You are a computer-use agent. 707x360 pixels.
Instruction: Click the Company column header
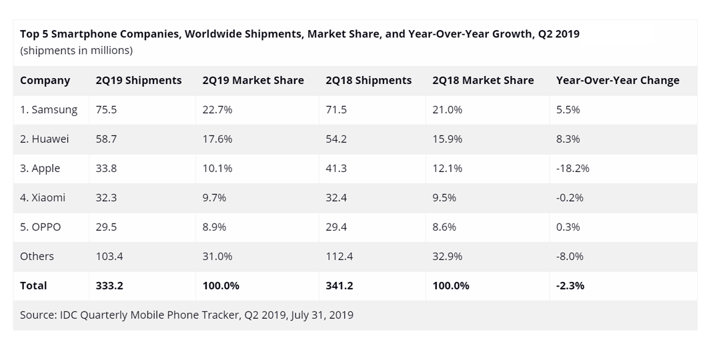pos(45,81)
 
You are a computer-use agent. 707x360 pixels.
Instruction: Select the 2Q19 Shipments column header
pos(139,81)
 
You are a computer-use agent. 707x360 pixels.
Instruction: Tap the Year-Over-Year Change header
pos(617,81)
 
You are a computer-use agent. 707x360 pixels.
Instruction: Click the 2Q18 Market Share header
pos(483,81)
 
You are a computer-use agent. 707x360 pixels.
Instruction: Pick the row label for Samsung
pos(49,110)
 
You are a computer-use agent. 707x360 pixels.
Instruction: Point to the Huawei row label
pos(44,139)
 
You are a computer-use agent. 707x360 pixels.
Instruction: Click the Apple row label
pos(39,169)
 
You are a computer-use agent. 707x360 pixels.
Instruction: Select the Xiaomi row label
pos(43,197)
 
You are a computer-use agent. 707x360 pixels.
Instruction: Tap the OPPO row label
pos(40,227)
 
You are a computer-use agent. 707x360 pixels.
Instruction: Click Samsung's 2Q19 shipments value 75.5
pos(106,109)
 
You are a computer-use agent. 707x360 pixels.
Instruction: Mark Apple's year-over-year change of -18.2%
pos(573,168)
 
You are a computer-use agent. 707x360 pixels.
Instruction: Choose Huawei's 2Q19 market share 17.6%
pos(217,139)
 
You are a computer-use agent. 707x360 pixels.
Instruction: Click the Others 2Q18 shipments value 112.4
pos(339,256)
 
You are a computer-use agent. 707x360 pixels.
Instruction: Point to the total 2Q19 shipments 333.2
pos(109,285)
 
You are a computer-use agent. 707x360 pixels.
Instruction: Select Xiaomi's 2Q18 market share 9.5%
pos(444,197)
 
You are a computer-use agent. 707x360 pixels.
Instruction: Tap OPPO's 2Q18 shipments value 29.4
pos(336,227)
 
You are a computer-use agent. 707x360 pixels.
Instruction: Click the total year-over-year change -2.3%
pos(570,285)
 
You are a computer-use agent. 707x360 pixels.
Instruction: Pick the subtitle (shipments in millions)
pos(76,51)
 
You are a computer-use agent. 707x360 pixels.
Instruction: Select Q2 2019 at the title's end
pos(559,34)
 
